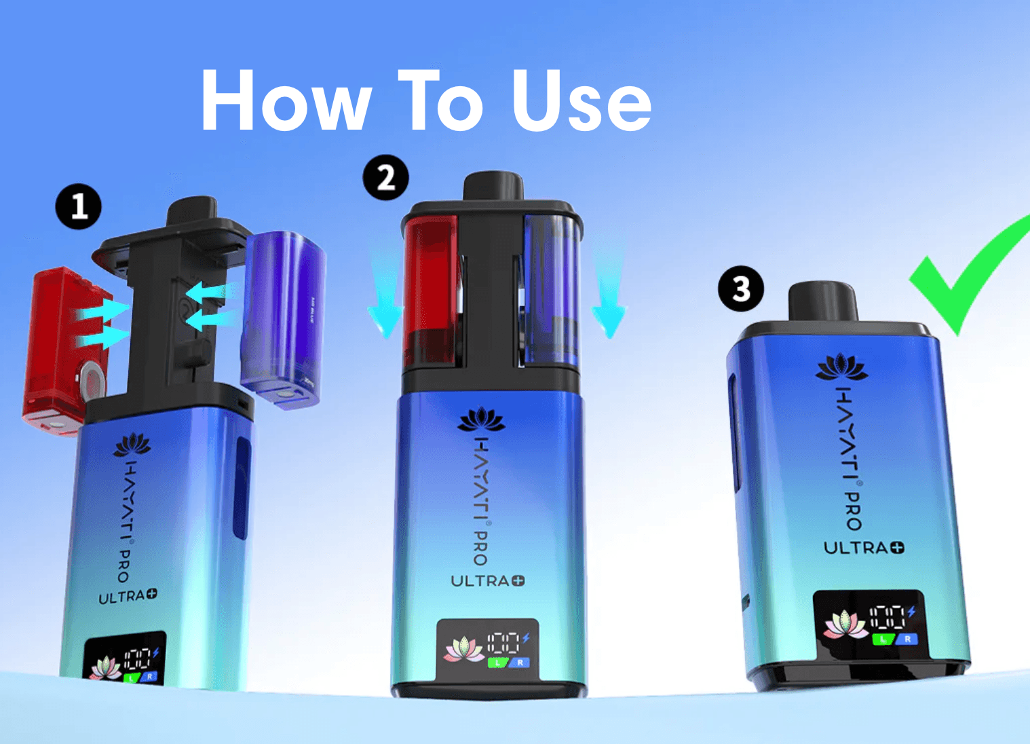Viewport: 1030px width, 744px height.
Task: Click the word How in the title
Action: (286, 102)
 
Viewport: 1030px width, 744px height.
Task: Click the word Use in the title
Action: (581, 102)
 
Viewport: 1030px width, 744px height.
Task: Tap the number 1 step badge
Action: (79, 206)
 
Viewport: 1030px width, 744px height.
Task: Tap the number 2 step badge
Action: (385, 178)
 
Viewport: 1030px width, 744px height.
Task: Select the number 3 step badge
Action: (741, 289)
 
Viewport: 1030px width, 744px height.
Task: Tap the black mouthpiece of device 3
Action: (823, 302)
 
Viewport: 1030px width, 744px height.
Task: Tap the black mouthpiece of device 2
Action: (493, 186)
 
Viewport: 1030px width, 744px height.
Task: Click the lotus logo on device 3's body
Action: (841, 368)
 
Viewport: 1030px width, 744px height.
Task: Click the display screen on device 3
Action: (869, 623)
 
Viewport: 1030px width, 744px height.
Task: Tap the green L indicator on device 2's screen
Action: (497, 663)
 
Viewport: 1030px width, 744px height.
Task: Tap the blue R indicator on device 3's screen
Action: (907, 639)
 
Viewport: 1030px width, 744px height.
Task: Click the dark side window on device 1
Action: (242, 487)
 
